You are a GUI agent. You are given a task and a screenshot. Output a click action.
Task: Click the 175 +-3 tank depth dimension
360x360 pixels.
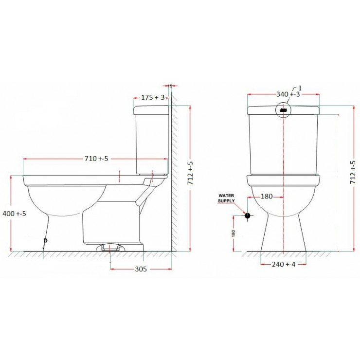pyautogui.click(x=152, y=98)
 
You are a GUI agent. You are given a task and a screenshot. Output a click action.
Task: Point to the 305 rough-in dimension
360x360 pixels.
pyautogui.click(x=140, y=268)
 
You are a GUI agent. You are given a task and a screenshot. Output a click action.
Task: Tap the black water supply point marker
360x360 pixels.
pyautogui.click(x=248, y=215)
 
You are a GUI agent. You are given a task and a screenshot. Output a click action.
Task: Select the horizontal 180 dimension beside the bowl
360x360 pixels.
pyautogui.click(x=267, y=197)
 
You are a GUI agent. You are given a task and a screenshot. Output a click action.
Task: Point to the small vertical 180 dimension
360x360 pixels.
pyautogui.click(x=234, y=233)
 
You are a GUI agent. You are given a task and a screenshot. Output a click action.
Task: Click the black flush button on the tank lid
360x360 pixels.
pyautogui.click(x=284, y=110)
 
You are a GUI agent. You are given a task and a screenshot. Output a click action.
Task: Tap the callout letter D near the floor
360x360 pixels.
pyautogui.click(x=46, y=240)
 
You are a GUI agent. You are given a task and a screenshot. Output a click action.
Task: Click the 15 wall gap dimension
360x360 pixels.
pyautogui.click(x=170, y=86)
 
